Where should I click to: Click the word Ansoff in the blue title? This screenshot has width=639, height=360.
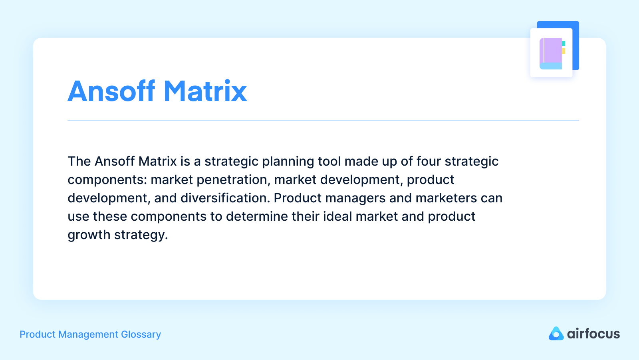click(x=111, y=91)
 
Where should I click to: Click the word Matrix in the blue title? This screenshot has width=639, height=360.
click(x=205, y=91)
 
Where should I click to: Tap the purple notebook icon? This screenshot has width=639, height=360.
click(x=551, y=53)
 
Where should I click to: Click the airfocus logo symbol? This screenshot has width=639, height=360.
click(x=556, y=334)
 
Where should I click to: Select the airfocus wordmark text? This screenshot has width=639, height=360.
click(x=593, y=334)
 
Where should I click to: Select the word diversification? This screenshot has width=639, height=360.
click(x=225, y=198)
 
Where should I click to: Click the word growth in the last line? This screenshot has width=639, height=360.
click(x=89, y=235)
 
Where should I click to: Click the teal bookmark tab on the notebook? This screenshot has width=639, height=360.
click(x=564, y=44)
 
